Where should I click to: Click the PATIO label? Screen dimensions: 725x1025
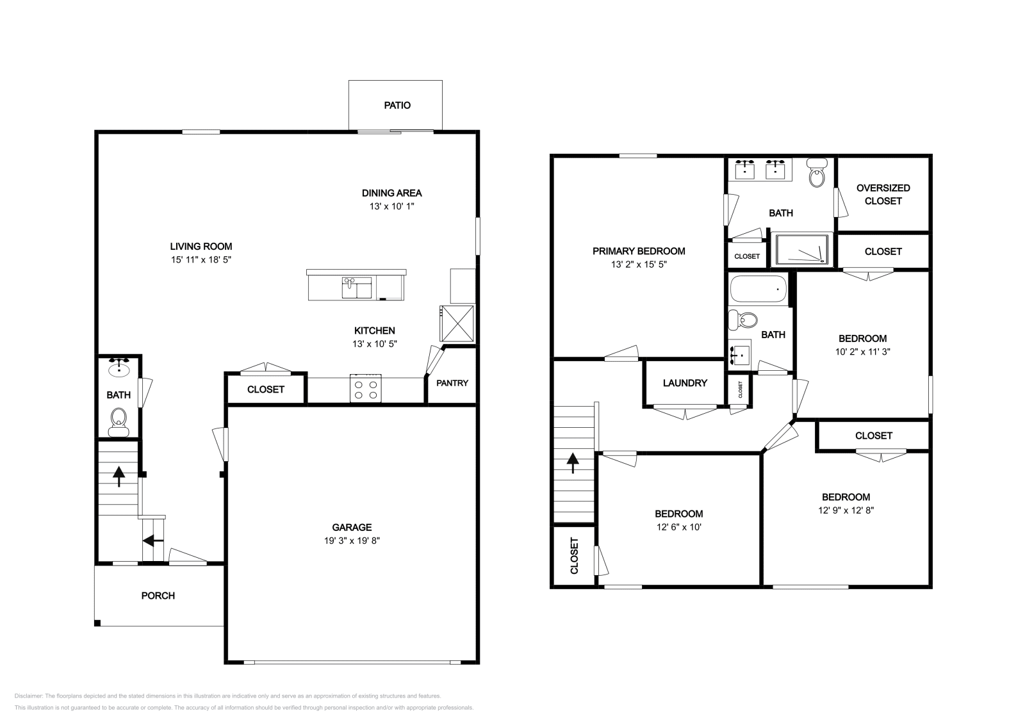tap(397, 105)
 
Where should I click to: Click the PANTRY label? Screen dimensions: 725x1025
tap(452, 383)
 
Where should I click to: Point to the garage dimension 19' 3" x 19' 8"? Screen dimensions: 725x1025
tap(352, 541)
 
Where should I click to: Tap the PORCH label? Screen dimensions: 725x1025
tap(158, 596)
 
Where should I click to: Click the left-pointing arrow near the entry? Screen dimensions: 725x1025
tap(152, 541)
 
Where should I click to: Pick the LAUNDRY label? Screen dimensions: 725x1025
tap(685, 383)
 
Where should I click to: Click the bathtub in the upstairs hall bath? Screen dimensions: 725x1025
tap(758, 289)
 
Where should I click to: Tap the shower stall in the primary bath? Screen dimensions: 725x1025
tap(802, 250)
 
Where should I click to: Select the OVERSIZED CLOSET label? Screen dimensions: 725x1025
tap(883, 194)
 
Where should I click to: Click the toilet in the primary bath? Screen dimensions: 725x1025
tap(816, 174)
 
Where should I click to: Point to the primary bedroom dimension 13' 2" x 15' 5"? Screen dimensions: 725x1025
tap(639, 264)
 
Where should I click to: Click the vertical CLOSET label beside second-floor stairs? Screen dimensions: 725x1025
tap(574, 555)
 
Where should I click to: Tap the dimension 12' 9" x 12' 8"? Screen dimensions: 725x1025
tap(846, 510)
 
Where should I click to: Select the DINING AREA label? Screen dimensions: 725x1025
tap(391, 193)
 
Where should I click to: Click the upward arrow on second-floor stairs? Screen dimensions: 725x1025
tap(573, 462)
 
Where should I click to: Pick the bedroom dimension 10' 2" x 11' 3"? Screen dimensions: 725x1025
tap(862, 352)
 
